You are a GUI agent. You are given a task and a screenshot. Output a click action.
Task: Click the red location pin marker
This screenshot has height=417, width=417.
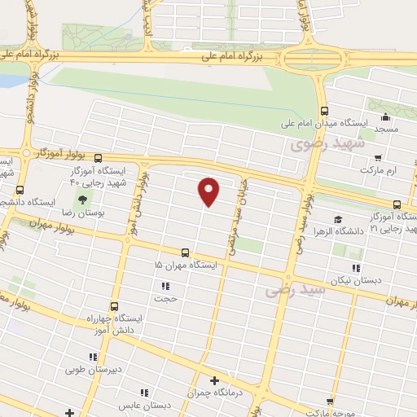pos(209,191)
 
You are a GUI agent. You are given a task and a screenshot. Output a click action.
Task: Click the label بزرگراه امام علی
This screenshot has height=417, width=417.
pos(236,57)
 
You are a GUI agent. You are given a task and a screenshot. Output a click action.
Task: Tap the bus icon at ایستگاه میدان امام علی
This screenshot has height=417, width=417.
pos(324,111)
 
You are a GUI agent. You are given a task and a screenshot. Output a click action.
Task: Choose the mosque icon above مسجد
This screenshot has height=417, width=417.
pos(384,115)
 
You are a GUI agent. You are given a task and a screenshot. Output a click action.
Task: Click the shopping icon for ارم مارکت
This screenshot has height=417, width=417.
pos(377,157)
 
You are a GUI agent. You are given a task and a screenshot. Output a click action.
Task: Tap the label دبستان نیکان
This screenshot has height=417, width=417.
pos(377,279)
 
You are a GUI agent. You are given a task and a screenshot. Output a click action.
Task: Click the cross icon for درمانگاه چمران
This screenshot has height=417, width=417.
pos(214,380)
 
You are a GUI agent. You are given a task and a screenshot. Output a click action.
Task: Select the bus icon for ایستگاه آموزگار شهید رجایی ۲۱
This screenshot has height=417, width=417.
pos(397,204)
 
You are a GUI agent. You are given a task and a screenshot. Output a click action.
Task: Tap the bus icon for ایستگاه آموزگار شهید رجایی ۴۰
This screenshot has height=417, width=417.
pos(99,159)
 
